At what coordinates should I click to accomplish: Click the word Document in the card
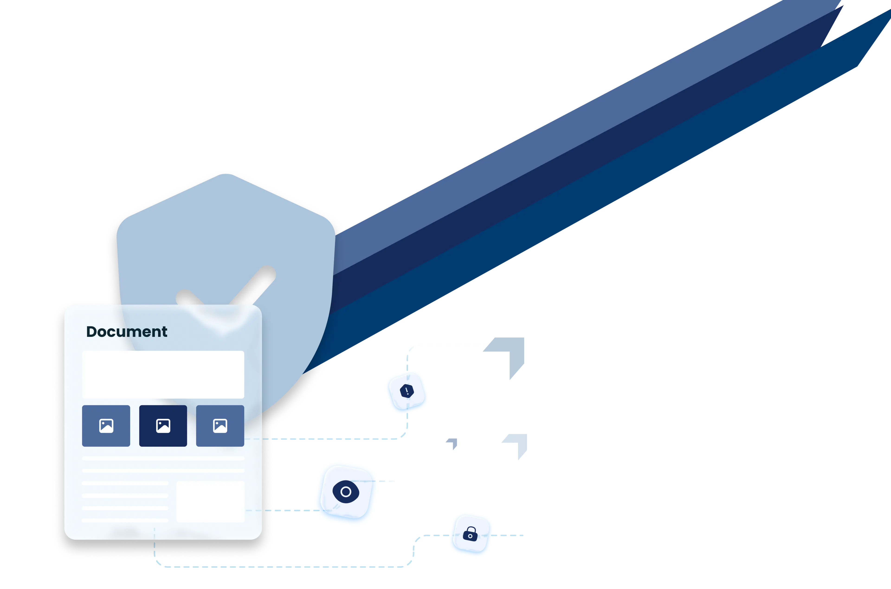(127, 332)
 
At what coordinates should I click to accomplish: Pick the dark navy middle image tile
(163, 426)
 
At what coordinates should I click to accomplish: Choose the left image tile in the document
(106, 426)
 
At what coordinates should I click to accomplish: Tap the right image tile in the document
(220, 426)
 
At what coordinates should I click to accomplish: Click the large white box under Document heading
(163, 374)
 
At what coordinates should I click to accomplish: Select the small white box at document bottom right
(210, 502)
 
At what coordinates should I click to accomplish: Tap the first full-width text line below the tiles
(163, 458)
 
